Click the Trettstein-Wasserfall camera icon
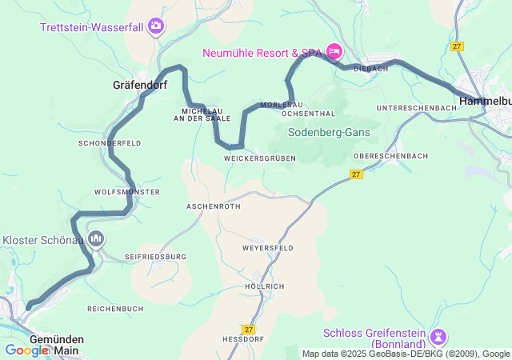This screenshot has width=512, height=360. (x=156, y=27)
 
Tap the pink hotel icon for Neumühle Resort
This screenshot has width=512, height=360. (x=334, y=53)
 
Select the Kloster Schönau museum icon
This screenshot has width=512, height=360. (x=96, y=238)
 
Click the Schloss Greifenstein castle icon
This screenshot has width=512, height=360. (x=438, y=334)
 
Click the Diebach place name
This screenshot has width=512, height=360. (x=370, y=68)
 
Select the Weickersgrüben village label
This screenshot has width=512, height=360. (x=260, y=158)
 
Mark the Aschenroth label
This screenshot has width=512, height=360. (x=213, y=206)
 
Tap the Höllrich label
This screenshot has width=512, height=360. (x=264, y=286)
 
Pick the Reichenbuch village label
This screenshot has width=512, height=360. (x=115, y=308)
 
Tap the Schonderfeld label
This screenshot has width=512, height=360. (x=110, y=142)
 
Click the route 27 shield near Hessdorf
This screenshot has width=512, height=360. (x=247, y=329)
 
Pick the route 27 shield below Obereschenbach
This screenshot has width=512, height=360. (x=357, y=174)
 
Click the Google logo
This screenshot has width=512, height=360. (x=26, y=350)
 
